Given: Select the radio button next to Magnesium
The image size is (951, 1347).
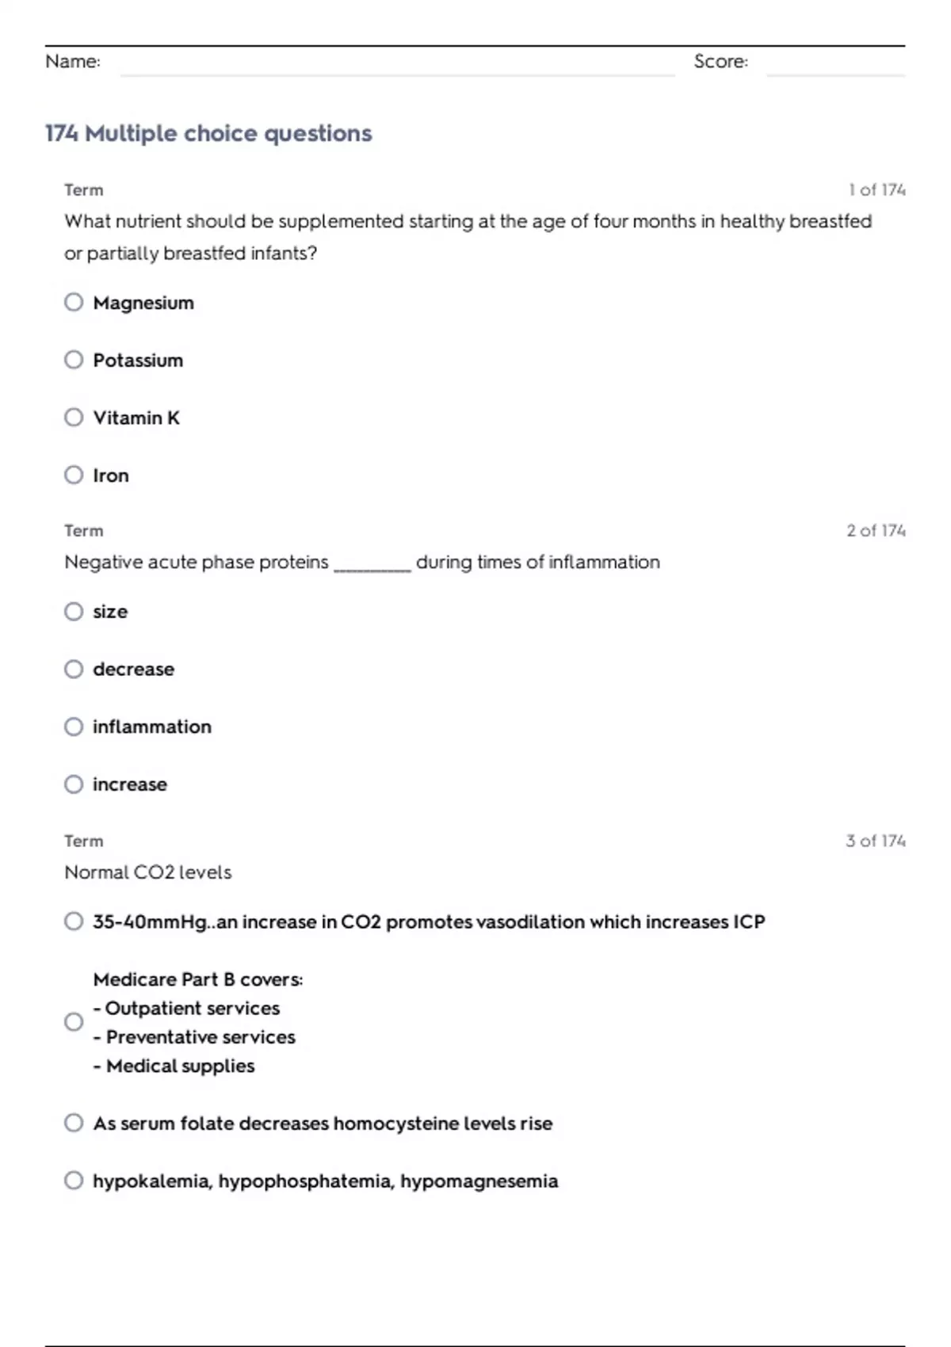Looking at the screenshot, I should pyautogui.click(x=74, y=302).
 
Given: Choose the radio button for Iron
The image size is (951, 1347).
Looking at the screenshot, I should pyautogui.click(x=74, y=475).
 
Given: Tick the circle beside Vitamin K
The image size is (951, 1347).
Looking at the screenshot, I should pyautogui.click(x=74, y=417).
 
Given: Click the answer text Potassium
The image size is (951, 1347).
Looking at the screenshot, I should pyautogui.click(x=138, y=361).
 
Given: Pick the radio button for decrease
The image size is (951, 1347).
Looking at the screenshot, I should pyautogui.click(x=74, y=669).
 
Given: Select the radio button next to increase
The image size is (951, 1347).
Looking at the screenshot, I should pyautogui.click(x=74, y=784).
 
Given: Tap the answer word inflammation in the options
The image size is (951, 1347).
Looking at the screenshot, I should pyautogui.click(x=152, y=727).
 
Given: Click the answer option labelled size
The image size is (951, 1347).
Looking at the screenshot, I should pyautogui.click(x=110, y=612).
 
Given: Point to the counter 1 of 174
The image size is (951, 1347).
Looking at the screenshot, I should pyautogui.click(x=877, y=190).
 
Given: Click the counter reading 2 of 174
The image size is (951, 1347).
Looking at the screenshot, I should pyautogui.click(x=876, y=531).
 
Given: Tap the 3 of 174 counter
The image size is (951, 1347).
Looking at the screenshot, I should pyautogui.click(x=876, y=841).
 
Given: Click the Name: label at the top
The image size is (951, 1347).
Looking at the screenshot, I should pyautogui.click(x=73, y=62).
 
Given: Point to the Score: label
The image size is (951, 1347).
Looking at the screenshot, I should pyautogui.click(x=720, y=62).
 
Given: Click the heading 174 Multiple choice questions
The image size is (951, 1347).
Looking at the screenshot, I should pyautogui.click(x=208, y=133).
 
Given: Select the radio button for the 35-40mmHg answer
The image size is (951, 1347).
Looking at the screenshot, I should pyautogui.click(x=74, y=921).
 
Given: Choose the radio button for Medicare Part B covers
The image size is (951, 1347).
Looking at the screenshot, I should pyautogui.click(x=74, y=1021).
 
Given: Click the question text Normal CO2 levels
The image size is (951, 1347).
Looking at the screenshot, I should pyautogui.click(x=148, y=872).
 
